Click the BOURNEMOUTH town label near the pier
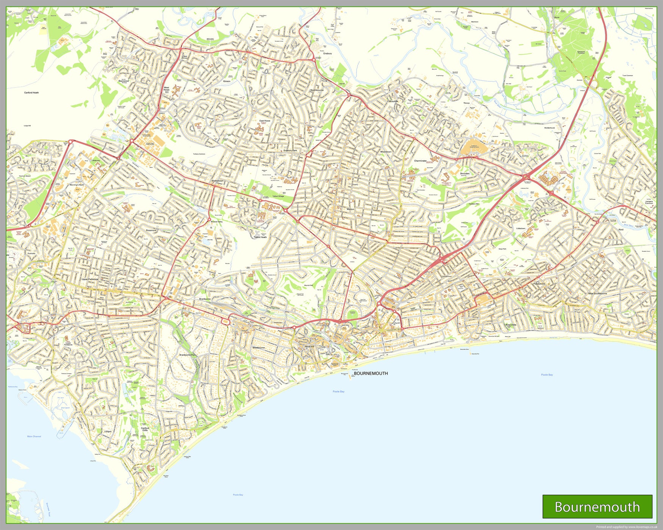(371, 373)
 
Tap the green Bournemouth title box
(597, 507)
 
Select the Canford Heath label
(31, 92)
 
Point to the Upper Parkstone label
(90, 279)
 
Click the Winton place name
(350, 209)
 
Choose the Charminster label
(420, 161)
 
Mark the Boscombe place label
(511, 324)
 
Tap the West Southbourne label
(597, 293)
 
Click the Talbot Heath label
(260, 237)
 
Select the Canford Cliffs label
(145, 429)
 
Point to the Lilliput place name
(108, 431)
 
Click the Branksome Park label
(188, 355)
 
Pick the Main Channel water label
(34, 436)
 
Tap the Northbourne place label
(317, 90)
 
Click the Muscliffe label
(393, 101)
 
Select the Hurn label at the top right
(557, 17)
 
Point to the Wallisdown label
(217, 181)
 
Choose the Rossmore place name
(151, 230)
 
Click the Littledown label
(521, 228)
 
